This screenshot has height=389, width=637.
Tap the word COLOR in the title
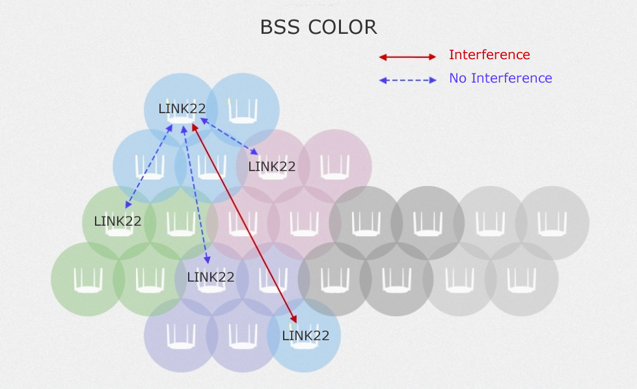(x=342, y=27)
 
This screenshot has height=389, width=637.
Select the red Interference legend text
(x=489, y=55)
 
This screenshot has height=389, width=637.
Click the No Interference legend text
(x=500, y=78)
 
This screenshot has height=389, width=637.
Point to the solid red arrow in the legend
(x=407, y=57)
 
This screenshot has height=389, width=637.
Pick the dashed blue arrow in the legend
(x=407, y=81)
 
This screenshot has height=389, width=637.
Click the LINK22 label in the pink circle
(x=272, y=167)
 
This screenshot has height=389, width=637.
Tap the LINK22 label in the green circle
(x=118, y=221)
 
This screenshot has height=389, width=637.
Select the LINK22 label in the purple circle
(x=210, y=277)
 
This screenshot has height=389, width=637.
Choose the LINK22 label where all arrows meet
(x=182, y=109)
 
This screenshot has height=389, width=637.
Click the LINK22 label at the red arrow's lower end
(x=306, y=336)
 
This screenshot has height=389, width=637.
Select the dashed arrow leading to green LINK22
(x=148, y=166)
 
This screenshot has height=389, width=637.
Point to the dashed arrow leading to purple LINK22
(x=197, y=195)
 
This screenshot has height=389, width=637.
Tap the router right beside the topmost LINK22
(x=243, y=111)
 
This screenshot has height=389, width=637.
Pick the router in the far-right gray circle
(x=552, y=223)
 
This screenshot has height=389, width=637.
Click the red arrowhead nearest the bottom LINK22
(x=294, y=319)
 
